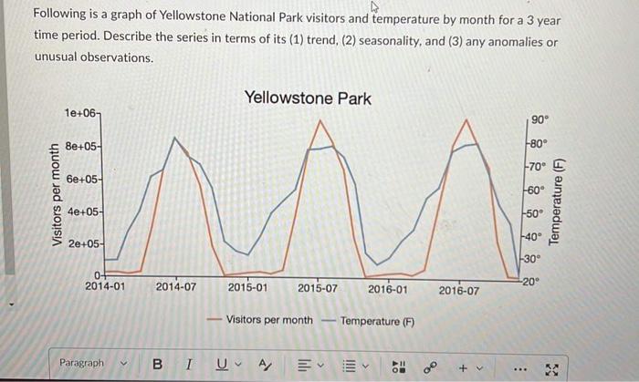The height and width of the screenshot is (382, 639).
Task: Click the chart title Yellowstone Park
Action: [308, 98]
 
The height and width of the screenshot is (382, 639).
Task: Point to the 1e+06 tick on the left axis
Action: [81, 112]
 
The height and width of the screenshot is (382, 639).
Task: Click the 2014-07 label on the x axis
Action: [176, 288]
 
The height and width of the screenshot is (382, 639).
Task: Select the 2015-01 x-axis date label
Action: [247, 288]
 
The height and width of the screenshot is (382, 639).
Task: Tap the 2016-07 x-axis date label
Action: [458, 290]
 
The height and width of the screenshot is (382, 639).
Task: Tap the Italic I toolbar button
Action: [188, 363]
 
